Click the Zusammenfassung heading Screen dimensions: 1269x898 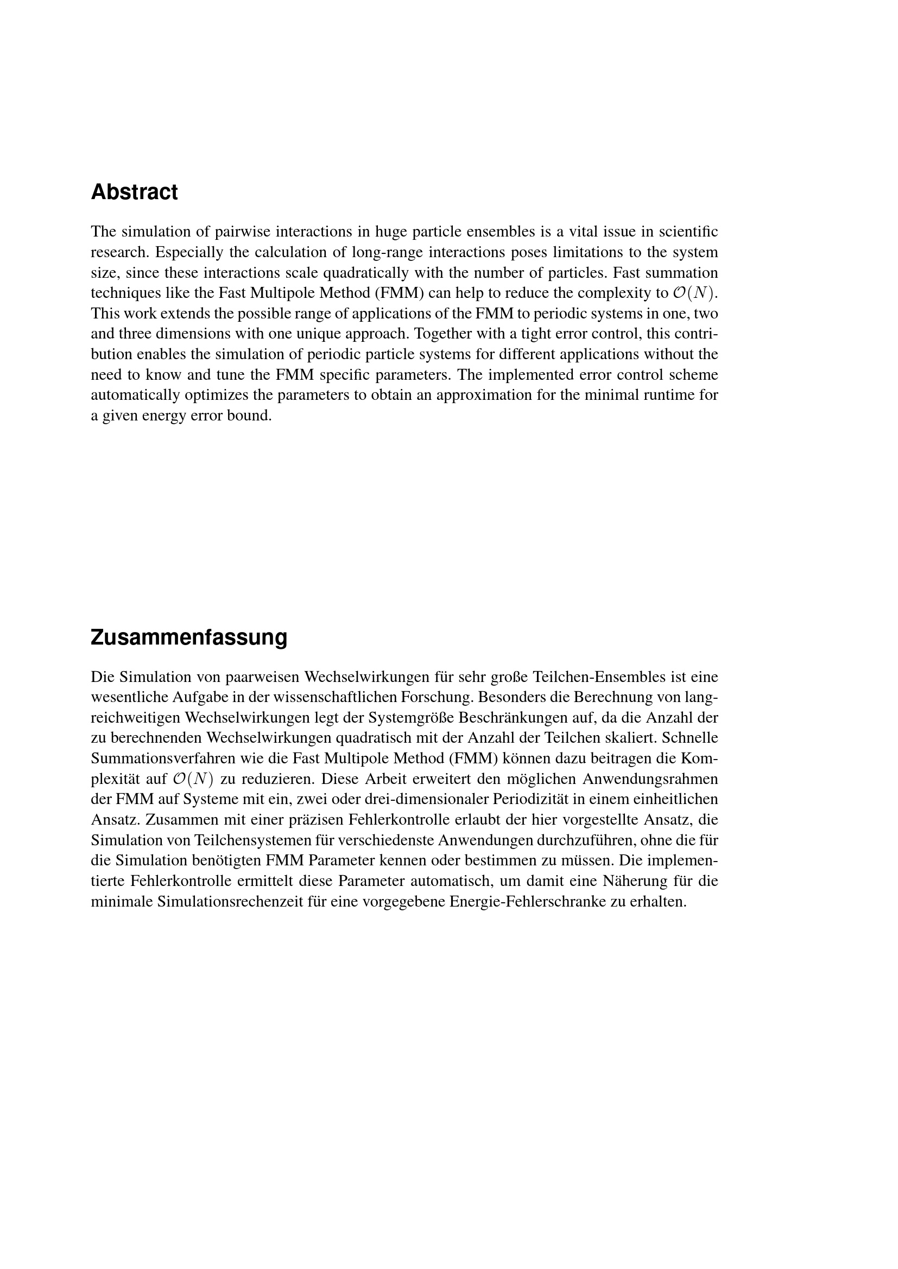pyautogui.click(x=188, y=637)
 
